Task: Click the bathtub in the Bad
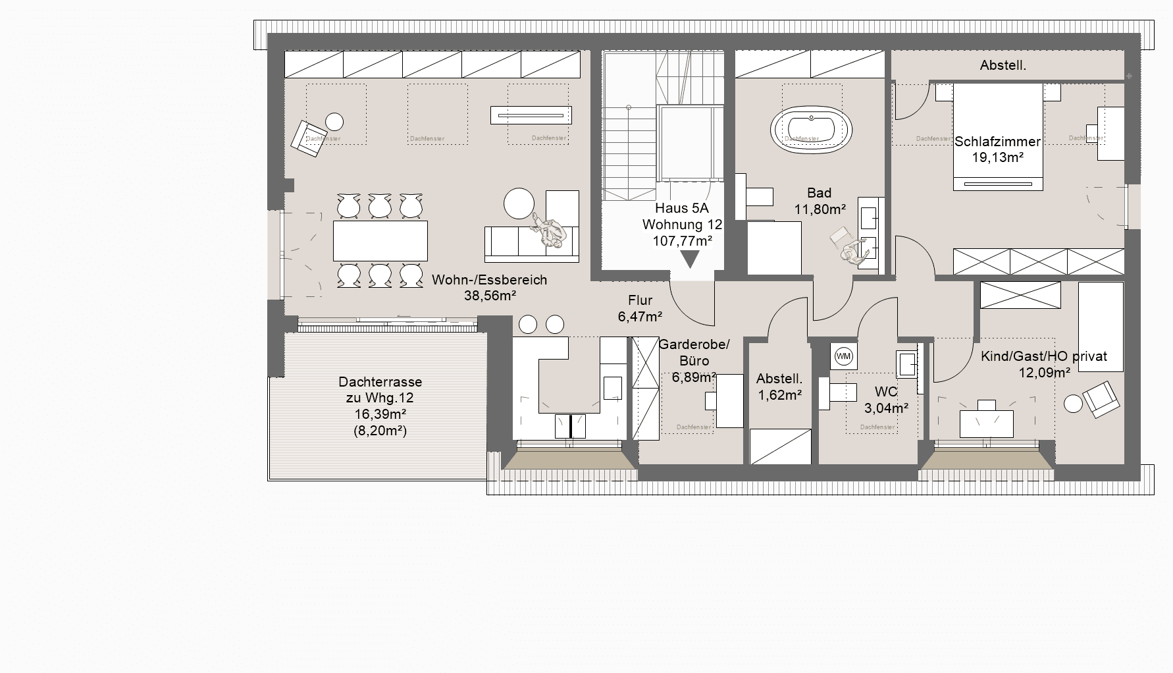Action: (811, 131)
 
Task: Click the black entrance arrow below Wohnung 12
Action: (689, 259)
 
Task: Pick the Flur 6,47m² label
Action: (640, 309)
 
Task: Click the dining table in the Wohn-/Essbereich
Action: (380, 241)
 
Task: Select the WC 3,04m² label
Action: (886, 400)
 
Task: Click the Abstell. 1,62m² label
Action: (779, 387)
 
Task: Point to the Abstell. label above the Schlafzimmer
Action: (1003, 66)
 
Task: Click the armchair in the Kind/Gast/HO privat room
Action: (1100, 399)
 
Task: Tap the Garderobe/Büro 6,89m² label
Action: (694, 361)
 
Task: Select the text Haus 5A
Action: (682, 209)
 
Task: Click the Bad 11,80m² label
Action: (819, 202)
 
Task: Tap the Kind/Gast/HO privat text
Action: (1043, 356)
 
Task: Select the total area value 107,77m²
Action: (682, 241)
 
